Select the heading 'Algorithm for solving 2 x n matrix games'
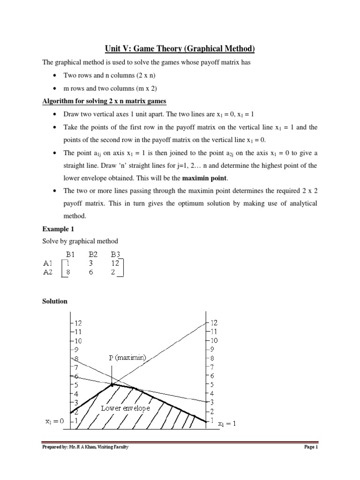click(105, 102)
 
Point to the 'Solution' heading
click(55, 301)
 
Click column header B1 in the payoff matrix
click(71, 255)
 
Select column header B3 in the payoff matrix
click(115, 255)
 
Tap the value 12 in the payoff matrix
click(116, 263)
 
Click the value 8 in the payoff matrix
click(69, 272)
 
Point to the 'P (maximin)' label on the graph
click(127, 358)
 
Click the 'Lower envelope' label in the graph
click(125, 408)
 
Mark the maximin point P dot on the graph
click(112, 384)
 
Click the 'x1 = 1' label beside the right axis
click(228, 423)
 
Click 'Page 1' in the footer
click(311, 447)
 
